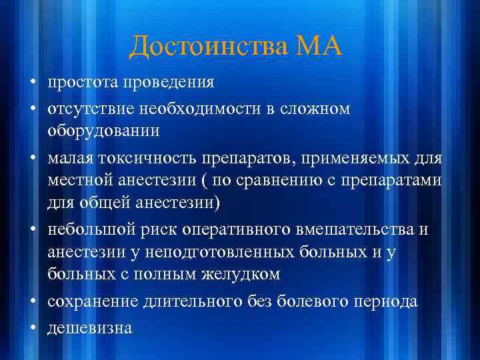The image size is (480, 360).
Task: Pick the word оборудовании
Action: click(x=103, y=130)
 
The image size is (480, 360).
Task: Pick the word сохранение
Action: click(x=93, y=301)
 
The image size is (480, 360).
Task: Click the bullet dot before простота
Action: click(x=32, y=83)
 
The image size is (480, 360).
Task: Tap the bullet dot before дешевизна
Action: click(x=32, y=327)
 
